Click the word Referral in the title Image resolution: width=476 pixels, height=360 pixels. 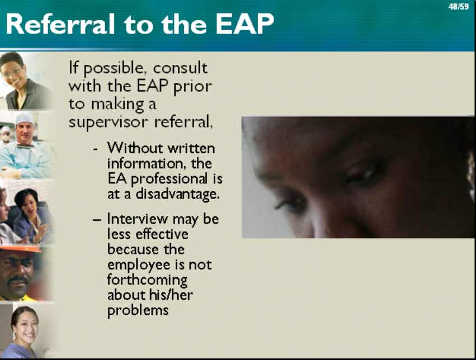click(x=60, y=24)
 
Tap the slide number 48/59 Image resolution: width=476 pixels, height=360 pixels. click(x=459, y=7)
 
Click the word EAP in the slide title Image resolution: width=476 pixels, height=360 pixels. click(x=244, y=24)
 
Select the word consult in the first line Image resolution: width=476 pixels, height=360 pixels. click(x=180, y=68)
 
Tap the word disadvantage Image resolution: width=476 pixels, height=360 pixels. click(x=177, y=194)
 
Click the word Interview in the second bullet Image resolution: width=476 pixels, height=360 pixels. click(x=138, y=219)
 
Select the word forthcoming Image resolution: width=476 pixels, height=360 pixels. click(x=147, y=280)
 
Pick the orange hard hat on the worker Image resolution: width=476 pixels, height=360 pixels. click(x=21, y=249)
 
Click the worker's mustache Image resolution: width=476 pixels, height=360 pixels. click(x=17, y=280)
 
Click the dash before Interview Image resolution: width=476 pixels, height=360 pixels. click(x=97, y=219)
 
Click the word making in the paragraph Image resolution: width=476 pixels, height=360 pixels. click(x=117, y=105)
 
